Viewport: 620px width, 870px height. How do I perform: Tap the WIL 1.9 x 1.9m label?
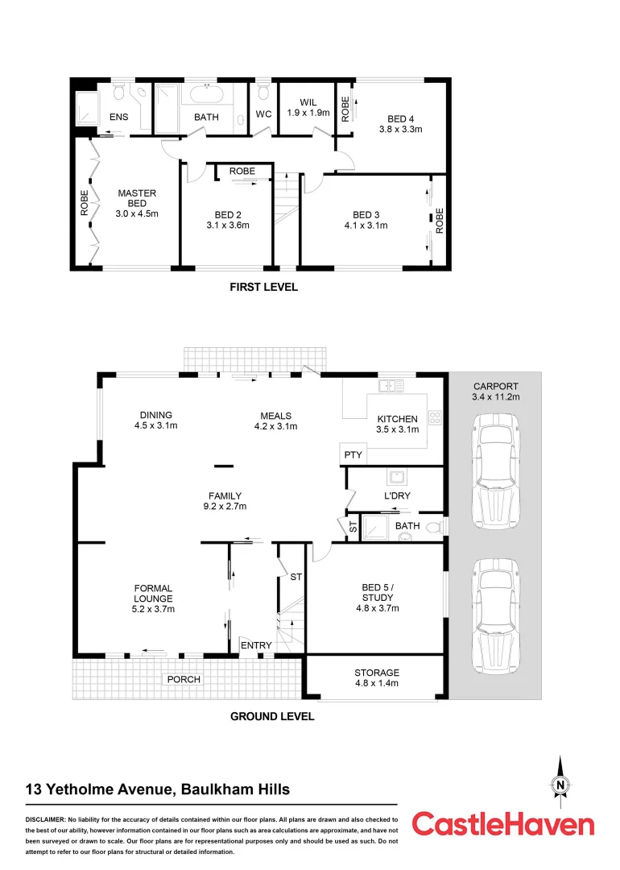click(x=308, y=107)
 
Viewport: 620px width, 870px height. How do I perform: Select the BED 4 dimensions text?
click(x=401, y=129)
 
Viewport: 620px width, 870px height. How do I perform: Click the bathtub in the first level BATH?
click(x=208, y=94)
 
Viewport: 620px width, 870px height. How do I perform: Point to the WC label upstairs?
click(x=263, y=115)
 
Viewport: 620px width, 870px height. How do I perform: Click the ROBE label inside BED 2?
click(x=242, y=172)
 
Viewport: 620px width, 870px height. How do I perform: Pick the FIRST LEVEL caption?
click(x=263, y=288)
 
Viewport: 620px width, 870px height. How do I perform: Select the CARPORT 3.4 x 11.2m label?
click(x=496, y=391)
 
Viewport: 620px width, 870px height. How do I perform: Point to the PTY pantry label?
click(x=353, y=455)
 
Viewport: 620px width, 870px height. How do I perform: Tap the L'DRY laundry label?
click(x=397, y=495)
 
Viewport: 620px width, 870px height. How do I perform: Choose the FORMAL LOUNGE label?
click(x=153, y=599)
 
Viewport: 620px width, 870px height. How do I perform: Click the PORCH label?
click(x=183, y=679)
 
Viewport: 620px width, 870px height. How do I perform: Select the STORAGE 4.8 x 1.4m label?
click(x=377, y=677)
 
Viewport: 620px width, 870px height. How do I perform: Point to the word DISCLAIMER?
click(x=45, y=819)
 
